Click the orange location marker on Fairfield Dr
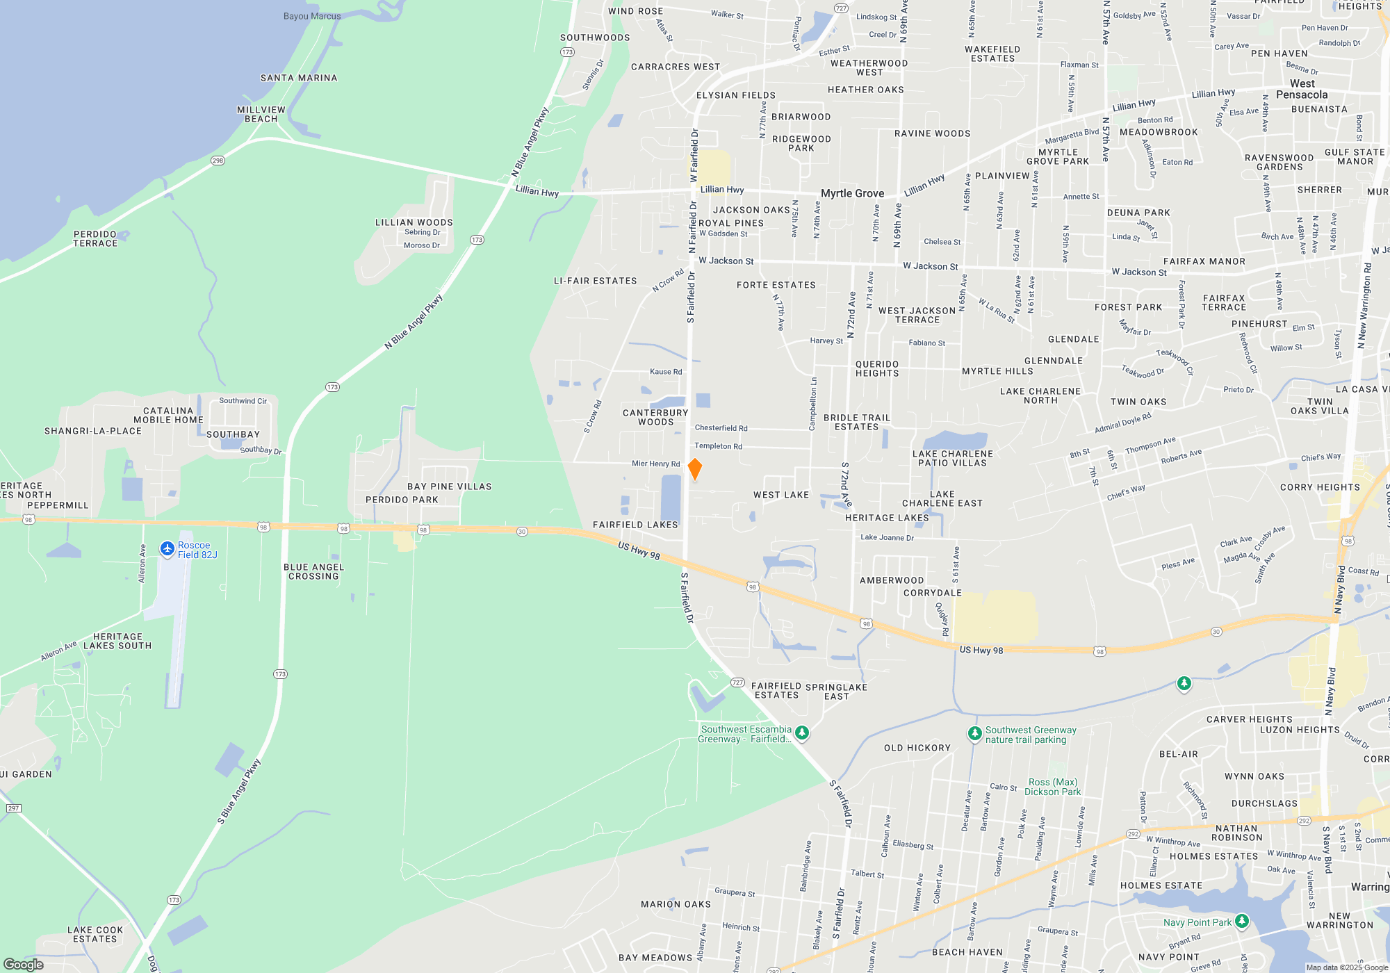click(694, 469)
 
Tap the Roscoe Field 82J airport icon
click(167, 550)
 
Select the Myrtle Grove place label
click(852, 193)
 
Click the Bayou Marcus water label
click(312, 16)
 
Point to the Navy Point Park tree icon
click(1242, 922)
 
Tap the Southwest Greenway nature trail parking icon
click(975, 733)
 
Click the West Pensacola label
click(1302, 89)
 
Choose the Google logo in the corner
click(24, 964)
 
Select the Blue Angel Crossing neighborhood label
click(313, 571)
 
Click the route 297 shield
click(13, 808)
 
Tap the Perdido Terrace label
click(95, 238)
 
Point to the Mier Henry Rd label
click(655, 464)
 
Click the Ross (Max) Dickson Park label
click(1054, 787)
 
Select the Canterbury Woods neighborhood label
click(655, 417)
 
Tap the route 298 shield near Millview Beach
click(218, 161)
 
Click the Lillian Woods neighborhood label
click(414, 222)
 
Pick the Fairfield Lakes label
click(635, 525)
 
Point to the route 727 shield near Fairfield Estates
click(737, 682)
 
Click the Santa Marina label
click(299, 78)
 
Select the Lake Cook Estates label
click(95, 934)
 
